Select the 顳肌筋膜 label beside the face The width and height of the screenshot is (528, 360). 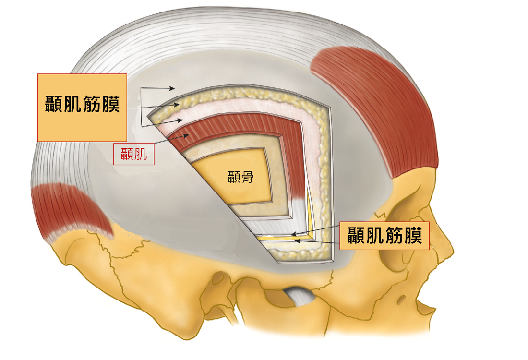[384, 236]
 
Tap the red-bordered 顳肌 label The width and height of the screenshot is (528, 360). [134, 154]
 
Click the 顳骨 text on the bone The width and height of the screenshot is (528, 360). [240, 177]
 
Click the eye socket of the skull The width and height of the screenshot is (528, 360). [401, 249]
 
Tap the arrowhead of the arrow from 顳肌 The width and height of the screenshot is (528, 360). [186, 136]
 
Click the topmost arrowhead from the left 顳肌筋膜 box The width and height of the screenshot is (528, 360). [172, 88]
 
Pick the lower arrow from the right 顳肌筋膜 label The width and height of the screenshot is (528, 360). [317, 241]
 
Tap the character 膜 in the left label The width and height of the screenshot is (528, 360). [111, 104]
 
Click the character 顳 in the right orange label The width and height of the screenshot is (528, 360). [356, 235]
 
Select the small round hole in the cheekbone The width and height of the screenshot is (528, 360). [401, 300]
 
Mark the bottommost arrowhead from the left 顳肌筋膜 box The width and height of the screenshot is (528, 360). [180, 120]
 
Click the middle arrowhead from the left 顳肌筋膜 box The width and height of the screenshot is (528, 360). [177, 105]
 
